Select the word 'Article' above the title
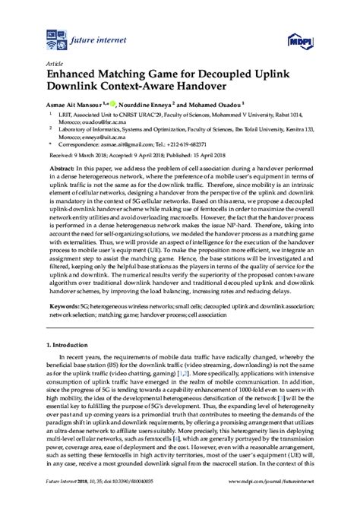(55, 66)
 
